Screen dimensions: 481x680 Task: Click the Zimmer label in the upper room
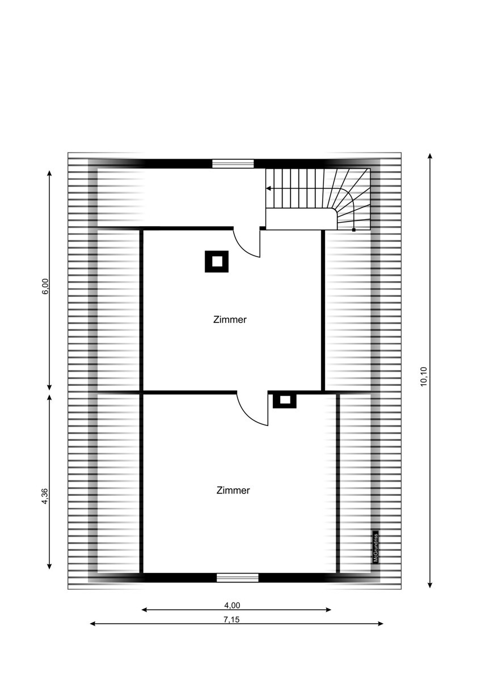(x=230, y=320)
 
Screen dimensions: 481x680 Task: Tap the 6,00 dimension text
(x=45, y=287)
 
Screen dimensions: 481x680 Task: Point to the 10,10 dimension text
(x=424, y=376)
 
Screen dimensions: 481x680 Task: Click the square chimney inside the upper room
(x=216, y=261)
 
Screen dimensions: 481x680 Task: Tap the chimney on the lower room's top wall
(x=284, y=400)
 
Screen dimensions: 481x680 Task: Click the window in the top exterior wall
(x=233, y=164)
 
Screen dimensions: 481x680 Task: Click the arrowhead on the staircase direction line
(x=268, y=189)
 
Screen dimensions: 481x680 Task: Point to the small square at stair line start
(x=354, y=230)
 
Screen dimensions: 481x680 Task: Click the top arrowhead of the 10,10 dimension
(x=430, y=156)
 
